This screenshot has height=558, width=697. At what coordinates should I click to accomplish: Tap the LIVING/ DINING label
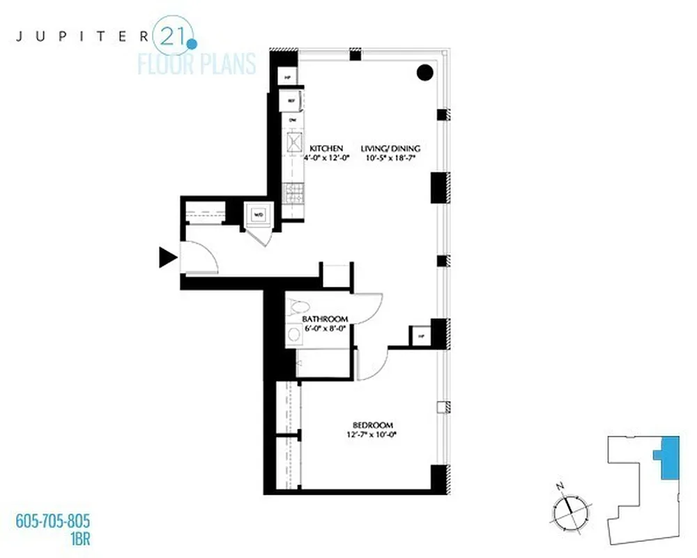click(391, 148)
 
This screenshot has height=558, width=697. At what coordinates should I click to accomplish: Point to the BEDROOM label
click(373, 425)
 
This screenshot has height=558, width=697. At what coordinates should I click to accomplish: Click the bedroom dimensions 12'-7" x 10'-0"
click(373, 435)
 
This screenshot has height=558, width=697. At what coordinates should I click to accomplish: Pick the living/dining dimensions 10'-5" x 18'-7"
click(391, 158)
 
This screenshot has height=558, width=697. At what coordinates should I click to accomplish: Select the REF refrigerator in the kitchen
click(291, 100)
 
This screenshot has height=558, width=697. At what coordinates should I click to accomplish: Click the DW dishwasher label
click(291, 120)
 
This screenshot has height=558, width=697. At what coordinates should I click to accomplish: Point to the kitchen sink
click(291, 144)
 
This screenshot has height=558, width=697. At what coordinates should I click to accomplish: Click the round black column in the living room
click(424, 72)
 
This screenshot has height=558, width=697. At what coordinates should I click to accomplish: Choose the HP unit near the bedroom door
click(421, 337)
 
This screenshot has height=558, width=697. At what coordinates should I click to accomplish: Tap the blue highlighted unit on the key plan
click(668, 458)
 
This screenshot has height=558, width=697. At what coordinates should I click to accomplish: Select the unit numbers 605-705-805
click(53, 521)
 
